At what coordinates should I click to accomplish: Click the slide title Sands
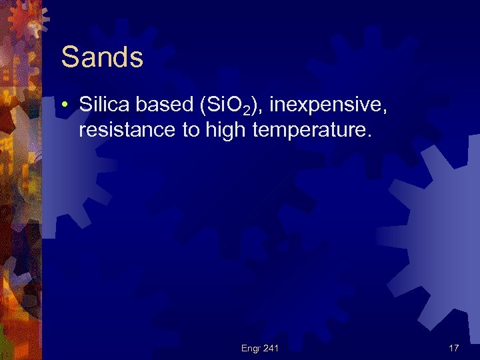(x=102, y=57)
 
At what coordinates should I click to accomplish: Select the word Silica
(x=103, y=104)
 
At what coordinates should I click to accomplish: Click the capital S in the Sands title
(x=69, y=57)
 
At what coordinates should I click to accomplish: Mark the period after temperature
(x=366, y=136)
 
